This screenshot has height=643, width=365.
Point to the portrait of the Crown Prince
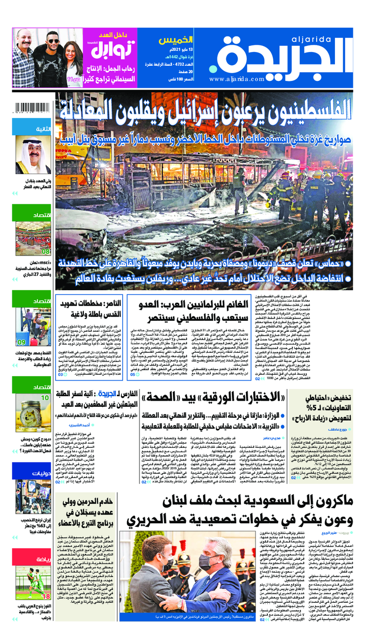pyautogui.click(x=33, y=155)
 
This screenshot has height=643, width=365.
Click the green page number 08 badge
pyautogui.click(x=46, y=251)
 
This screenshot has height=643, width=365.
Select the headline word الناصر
pyautogui.click(x=107, y=304)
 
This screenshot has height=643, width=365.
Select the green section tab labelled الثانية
pyautogui.click(x=40, y=129)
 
